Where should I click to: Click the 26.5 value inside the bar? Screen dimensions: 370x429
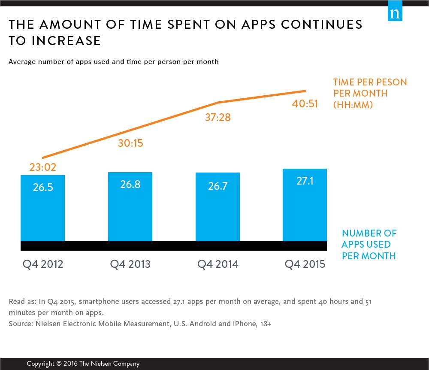point(42,188)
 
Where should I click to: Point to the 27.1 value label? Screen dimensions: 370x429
point(305,181)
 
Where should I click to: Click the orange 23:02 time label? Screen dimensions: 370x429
point(43,167)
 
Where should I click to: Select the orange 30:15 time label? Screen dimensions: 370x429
point(130,143)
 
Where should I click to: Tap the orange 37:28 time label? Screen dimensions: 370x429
point(218,117)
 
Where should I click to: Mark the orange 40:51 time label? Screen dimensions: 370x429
point(305,103)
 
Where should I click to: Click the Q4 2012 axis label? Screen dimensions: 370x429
point(42,264)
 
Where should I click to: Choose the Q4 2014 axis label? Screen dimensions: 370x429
point(218,264)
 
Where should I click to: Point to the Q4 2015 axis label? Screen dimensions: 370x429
point(305,264)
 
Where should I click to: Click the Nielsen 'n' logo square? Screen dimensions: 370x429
point(395,13)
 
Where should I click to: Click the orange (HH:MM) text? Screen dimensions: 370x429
point(353,105)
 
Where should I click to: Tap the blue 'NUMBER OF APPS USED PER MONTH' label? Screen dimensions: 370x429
point(369,245)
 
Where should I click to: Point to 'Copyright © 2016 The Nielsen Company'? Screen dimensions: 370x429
point(83,364)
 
